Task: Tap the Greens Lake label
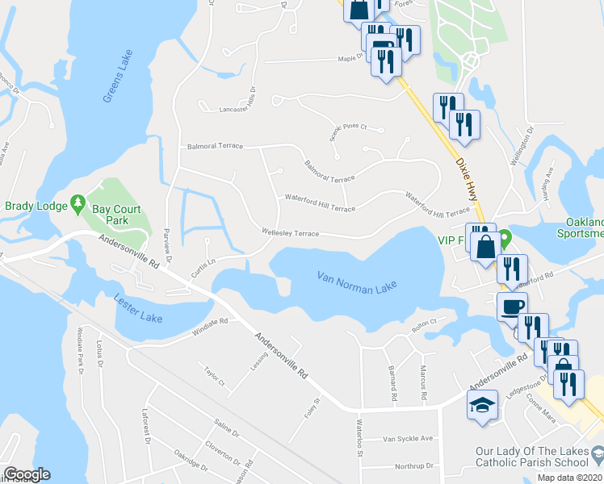point(118,77)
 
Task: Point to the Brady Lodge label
point(36,206)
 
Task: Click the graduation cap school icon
point(481,406)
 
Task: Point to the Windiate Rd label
point(211,327)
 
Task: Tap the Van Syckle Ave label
point(408,439)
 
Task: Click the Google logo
point(27,474)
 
